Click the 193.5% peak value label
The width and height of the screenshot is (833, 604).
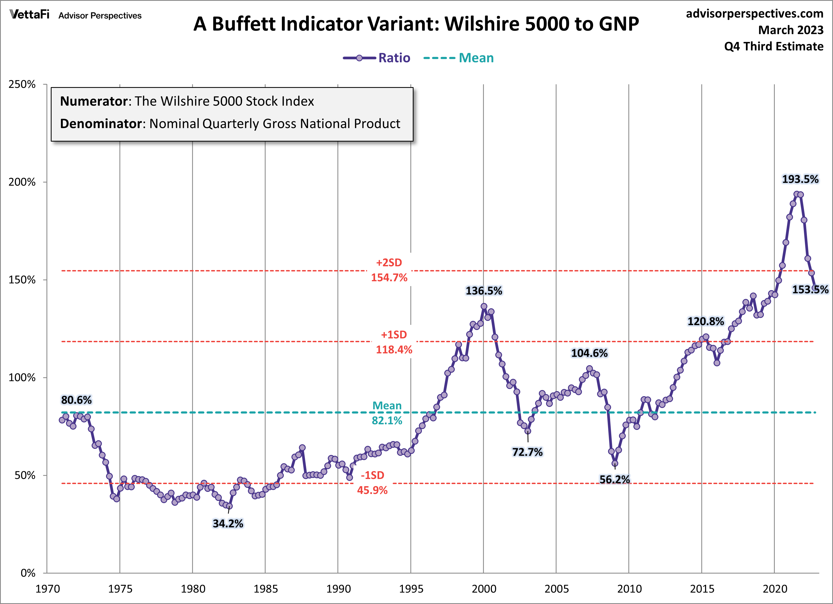(x=800, y=179)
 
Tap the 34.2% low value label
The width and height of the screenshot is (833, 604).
(x=228, y=523)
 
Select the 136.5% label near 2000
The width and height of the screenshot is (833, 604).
(x=484, y=291)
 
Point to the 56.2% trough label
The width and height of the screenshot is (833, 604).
(x=614, y=479)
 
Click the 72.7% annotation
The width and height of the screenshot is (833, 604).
(x=527, y=452)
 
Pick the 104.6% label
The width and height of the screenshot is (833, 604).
(x=589, y=353)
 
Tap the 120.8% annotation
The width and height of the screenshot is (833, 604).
(x=706, y=322)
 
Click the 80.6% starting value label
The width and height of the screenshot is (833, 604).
(x=76, y=400)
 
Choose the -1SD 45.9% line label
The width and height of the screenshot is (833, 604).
(x=372, y=483)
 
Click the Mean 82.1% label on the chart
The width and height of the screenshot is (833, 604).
(x=387, y=413)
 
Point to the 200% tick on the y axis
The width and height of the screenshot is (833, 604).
(x=22, y=182)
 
